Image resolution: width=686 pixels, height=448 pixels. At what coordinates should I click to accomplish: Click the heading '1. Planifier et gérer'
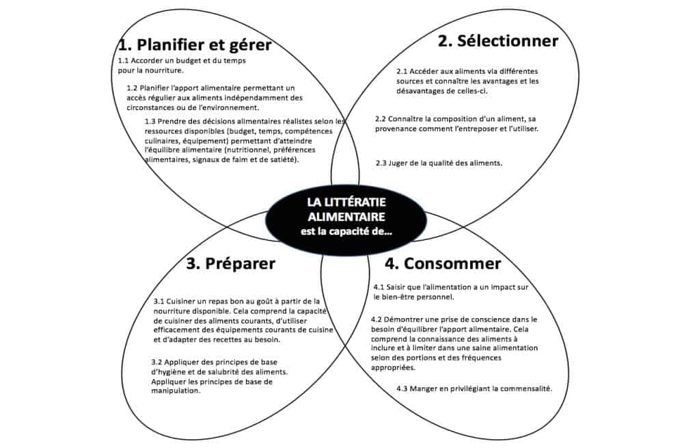coord(195,46)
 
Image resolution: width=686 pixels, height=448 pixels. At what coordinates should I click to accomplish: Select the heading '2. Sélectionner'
coord(497,41)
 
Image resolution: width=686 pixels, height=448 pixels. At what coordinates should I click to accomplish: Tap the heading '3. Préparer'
coord(230,263)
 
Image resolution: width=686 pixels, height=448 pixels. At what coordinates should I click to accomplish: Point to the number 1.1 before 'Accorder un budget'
coord(124,61)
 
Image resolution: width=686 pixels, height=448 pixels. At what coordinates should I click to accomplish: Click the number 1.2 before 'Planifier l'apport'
coord(133,88)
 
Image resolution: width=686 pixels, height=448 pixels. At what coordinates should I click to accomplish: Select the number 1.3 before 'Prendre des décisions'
coord(151,121)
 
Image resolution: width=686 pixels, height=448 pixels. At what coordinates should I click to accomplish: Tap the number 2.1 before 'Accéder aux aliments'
coord(403,72)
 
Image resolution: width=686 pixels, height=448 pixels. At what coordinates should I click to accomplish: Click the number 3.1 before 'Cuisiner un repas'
coord(160,302)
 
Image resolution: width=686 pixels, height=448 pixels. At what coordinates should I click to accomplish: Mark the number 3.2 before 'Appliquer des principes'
coord(157,363)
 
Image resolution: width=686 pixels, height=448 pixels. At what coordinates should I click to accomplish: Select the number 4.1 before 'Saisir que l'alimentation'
coord(380,287)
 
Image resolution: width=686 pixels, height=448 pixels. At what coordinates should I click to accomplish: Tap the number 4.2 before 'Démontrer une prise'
coord(377,319)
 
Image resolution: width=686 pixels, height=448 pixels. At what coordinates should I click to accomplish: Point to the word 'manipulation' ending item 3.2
coord(176,391)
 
